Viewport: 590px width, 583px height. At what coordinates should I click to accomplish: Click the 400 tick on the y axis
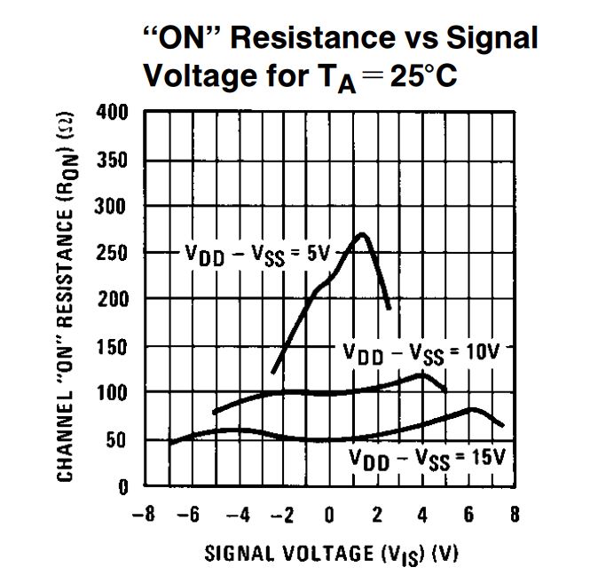pyautogui.click(x=118, y=113)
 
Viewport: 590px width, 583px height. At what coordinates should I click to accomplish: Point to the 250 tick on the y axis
pyautogui.click(x=118, y=253)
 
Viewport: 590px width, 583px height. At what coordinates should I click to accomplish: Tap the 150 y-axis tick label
pyautogui.click(x=118, y=346)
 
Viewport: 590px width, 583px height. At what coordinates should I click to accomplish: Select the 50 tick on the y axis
pyautogui.click(x=123, y=440)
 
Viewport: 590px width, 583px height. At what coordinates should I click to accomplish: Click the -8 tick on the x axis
pyautogui.click(x=141, y=515)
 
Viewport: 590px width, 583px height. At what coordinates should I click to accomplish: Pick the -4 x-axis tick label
pyautogui.click(x=235, y=515)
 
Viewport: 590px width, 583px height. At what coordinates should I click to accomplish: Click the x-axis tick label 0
pyautogui.click(x=329, y=515)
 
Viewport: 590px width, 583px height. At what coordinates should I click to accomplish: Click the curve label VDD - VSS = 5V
pyautogui.click(x=257, y=254)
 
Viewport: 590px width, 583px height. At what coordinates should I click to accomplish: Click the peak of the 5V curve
pyautogui.click(x=361, y=234)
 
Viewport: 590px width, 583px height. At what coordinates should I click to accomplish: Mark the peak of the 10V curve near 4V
pyautogui.click(x=421, y=374)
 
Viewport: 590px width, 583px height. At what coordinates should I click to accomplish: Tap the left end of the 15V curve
pyautogui.click(x=169, y=443)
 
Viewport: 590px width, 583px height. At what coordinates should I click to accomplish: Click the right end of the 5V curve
pyautogui.click(x=389, y=308)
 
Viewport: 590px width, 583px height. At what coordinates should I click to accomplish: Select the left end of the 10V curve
pyautogui.click(x=215, y=413)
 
